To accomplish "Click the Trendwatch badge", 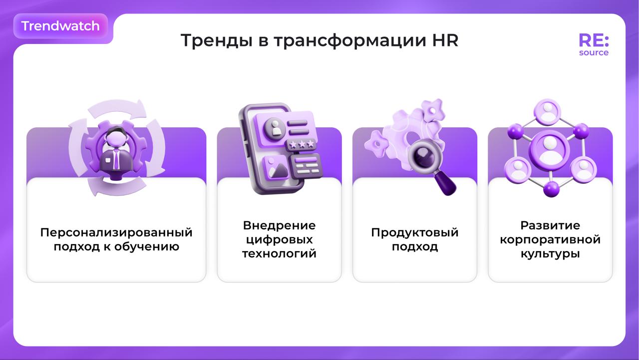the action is coord(60,26).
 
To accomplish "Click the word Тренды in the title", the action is coord(217,40).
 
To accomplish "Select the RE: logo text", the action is coord(594,40).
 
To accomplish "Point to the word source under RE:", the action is coord(594,52).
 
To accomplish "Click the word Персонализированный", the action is coord(116,233).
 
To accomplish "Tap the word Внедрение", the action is coord(279,225).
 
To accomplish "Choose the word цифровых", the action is coord(279,240).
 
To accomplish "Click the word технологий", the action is coord(279,253).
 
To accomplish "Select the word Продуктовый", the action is coord(415,233).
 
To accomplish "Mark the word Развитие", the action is coord(550,225).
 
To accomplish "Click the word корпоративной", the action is coord(550,240).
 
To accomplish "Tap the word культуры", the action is coord(550,254).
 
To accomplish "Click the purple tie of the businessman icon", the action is coord(116,159).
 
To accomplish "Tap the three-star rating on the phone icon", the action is coord(302,144).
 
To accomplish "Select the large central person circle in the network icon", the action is coord(549,150).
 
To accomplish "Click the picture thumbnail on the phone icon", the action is coord(276,168).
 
